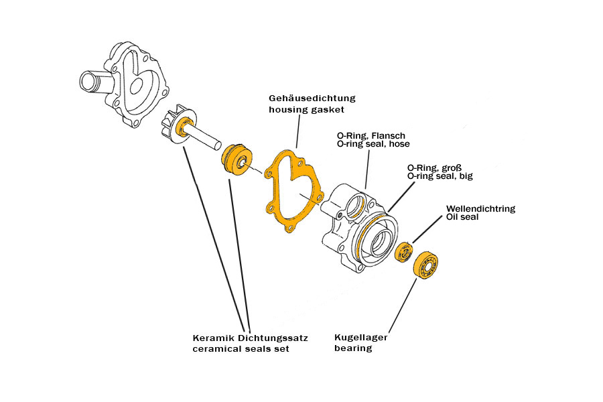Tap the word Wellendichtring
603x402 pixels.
(x=481, y=208)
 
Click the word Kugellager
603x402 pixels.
(x=360, y=338)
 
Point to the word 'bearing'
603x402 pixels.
(x=353, y=348)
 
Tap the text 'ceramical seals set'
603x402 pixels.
(x=241, y=349)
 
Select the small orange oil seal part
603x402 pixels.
(x=405, y=253)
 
